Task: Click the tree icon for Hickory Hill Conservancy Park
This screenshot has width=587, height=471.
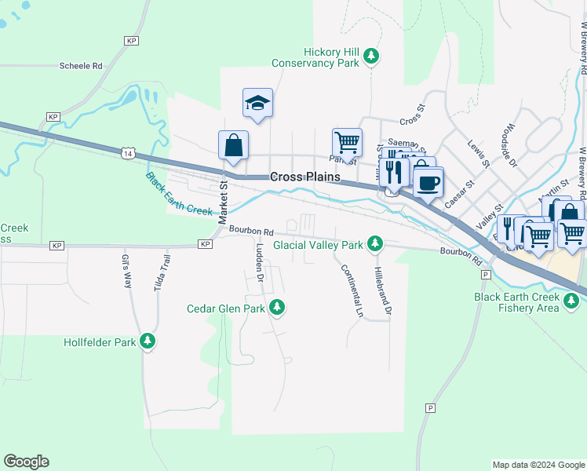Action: pos(371,57)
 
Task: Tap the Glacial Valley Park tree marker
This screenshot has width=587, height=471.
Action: pos(375,245)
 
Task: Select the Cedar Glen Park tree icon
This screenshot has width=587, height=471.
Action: pos(276,308)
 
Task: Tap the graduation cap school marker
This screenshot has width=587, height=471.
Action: pos(257,104)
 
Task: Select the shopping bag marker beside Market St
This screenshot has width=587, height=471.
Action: pos(233,145)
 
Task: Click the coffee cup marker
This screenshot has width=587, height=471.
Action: pos(428,183)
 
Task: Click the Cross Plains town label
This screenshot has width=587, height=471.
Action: pos(305,177)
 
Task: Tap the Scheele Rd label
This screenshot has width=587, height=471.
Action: pos(81,67)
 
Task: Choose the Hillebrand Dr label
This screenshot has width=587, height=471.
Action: pos(383,290)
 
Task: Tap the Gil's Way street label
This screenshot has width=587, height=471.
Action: pos(126,271)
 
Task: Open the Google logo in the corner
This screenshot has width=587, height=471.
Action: pos(26,462)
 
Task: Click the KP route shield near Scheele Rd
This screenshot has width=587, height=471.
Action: pos(131,40)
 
